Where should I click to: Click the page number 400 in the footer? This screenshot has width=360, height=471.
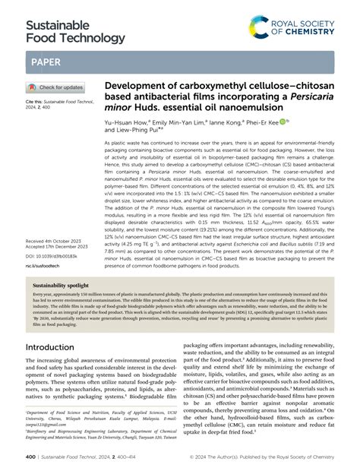(30, 457)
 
